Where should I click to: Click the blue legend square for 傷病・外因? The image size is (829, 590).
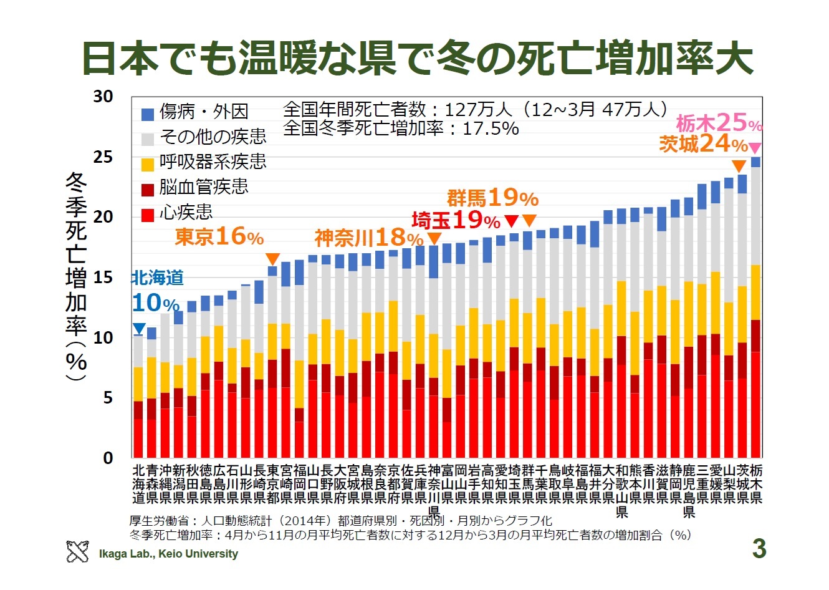tap(148, 114)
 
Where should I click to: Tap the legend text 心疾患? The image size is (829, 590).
tap(186, 213)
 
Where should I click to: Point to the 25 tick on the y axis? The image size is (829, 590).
tap(103, 157)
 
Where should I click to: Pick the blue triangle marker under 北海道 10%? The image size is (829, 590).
tap(140, 329)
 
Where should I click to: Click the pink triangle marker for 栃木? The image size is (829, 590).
tap(755, 148)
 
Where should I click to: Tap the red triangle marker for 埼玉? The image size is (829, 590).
tap(511, 221)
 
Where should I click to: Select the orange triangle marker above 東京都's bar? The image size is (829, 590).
tap(272, 259)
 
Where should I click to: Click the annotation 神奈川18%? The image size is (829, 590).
tap(369, 238)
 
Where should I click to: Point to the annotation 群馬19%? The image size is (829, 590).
tap(492, 199)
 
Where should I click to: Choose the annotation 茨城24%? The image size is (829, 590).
tap(703, 145)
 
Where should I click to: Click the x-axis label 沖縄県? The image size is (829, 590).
tap(165, 484)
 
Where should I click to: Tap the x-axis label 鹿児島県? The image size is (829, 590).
tap(689, 491)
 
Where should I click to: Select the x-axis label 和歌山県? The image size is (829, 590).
tap(621, 491)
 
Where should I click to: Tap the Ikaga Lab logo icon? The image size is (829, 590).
tap(77, 552)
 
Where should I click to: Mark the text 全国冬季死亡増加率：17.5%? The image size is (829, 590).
tap(401, 129)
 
